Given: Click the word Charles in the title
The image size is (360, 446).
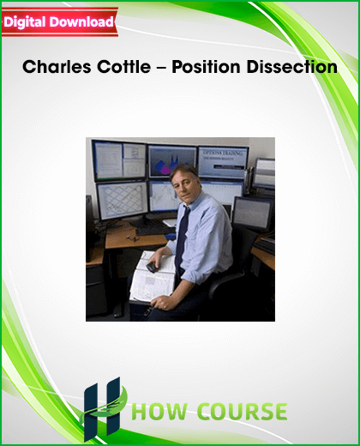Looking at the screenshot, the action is click(x=57, y=67).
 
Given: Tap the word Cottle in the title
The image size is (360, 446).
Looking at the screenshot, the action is click(x=123, y=67).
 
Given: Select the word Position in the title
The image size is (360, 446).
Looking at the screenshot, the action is click(x=206, y=67).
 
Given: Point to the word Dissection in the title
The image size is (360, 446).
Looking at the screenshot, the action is click(x=291, y=67).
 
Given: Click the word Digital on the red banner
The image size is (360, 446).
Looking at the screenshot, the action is click(x=25, y=22).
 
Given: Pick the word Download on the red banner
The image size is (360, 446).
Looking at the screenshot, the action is click(x=81, y=22).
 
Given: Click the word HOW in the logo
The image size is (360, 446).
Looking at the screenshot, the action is click(x=159, y=412).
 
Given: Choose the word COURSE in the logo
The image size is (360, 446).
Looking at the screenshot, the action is click(x=243, y=412).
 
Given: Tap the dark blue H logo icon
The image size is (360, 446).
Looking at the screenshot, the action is click(x=102, y=409).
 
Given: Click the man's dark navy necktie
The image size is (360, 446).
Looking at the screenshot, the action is click(x=182, y=239).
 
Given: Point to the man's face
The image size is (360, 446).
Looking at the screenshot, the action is click(x=184, y=187).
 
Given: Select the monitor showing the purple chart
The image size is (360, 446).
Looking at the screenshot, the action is click(x=172, y=161).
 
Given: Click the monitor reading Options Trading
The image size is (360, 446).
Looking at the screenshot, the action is click(x=223, y=162).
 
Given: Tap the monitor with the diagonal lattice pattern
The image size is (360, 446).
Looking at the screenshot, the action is click(x=123, y=200).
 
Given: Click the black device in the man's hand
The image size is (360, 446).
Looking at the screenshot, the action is click(x=152, y=267).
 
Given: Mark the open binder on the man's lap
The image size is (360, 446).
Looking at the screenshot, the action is click(x=152, y=276).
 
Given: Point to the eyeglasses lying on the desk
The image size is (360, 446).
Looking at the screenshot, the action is click(x=132, y=238).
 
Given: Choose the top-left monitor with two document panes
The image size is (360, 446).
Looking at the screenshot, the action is click(x=120, y=160).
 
